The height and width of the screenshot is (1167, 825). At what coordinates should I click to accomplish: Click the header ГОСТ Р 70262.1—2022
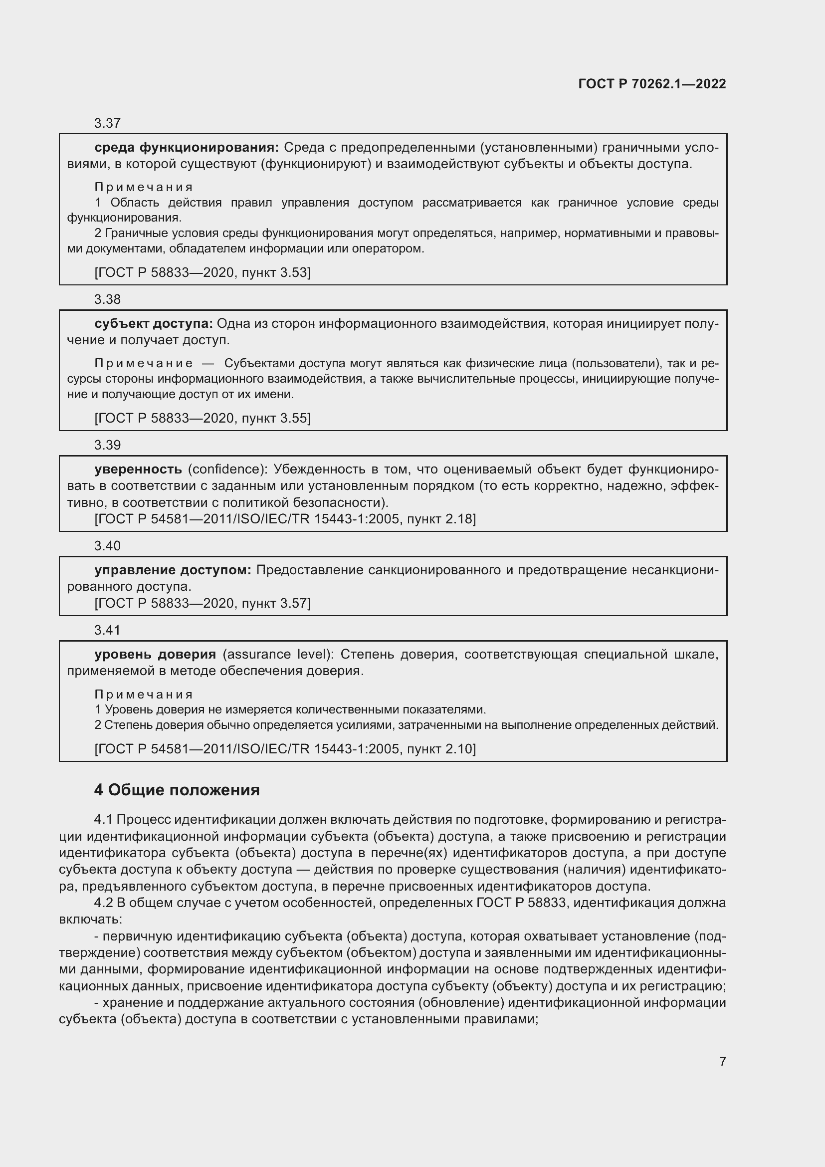click(x=652, y=84)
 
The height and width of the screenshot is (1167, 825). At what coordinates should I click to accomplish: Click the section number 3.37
click(x=107, y=123)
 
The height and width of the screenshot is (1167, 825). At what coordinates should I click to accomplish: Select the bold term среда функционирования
click(x=187, y=147)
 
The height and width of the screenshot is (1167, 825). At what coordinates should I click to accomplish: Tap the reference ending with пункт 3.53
click(x=202, y=272)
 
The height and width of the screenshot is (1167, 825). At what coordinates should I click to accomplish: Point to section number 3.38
click(x=107, y=299)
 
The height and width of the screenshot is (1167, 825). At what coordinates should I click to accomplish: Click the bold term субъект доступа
click(x=154, y=323)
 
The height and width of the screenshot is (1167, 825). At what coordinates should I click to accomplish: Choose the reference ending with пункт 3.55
click(x=202, y=418)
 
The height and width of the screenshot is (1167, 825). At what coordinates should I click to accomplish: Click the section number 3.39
click(x=107, y=445)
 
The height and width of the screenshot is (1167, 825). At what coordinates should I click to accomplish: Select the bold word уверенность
click(x=138, y=468)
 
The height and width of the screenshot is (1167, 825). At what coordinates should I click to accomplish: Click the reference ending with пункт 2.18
click(x=285, y=518)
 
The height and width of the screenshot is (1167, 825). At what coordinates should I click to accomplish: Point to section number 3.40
click(x=107, y=545)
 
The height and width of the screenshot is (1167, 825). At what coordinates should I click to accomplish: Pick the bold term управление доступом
click(x=173, y=570)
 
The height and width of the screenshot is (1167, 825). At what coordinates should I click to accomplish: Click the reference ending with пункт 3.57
click(x=202, y=603)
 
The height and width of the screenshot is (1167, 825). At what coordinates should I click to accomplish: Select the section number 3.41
click(x=107, y=630)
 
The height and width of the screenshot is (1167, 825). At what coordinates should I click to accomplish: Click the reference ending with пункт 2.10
click(x=285, y=748)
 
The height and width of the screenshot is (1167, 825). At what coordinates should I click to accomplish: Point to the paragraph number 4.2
click(x=104, y=903)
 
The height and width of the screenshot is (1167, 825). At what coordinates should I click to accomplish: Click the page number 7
click(x=722, y=1061)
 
